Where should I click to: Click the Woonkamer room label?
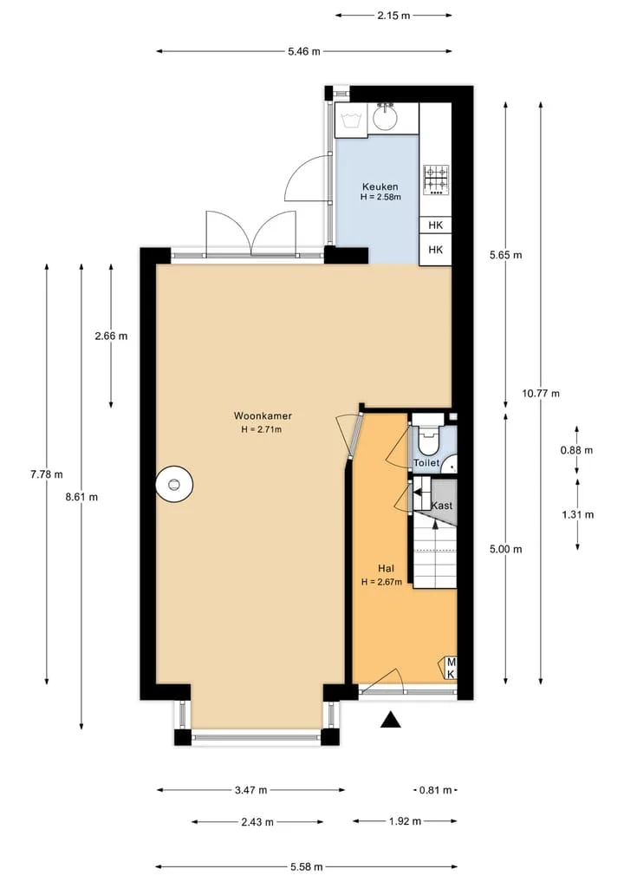coord(263,415)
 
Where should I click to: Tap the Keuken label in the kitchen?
coord(380,186)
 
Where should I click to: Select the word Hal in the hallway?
coord(385,568)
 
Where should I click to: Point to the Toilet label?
coord(426,463)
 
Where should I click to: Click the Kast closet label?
coord(442,505)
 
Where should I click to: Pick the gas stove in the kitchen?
coord(436,180)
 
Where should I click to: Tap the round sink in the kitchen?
coord(385,118)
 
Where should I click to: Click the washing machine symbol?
coord(351,120)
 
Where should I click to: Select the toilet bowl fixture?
coord(428,439)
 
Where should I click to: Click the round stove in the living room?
coord(174,484)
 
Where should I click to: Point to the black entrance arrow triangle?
coord(391,720)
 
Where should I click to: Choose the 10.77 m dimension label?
coord(541,393)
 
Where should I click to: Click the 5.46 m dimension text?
coord(304,51)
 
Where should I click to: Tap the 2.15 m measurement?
coord(393,16)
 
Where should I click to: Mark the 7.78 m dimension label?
coord(47,474)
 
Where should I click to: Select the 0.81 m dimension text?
coord(436,790)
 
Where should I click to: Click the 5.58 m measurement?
coord(307,866)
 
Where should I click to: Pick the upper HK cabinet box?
coord(436,225)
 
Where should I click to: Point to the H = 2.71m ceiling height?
coord(262,430)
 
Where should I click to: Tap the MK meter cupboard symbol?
coord(450,669)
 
